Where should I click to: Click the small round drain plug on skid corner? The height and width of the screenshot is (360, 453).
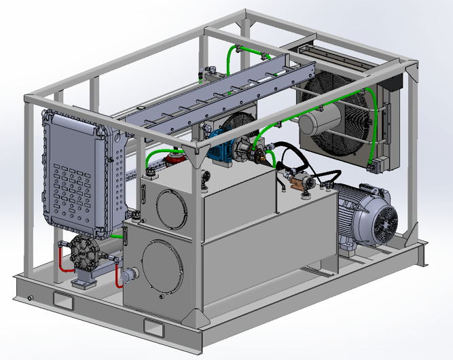tap(29, 298)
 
